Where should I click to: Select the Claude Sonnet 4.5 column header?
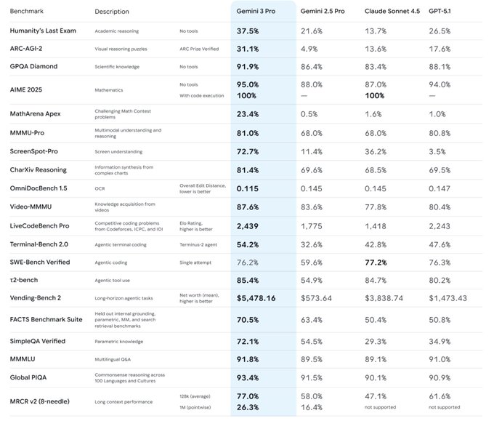click(x=394, y=12)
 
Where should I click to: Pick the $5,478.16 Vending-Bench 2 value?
click(x=256, y=298)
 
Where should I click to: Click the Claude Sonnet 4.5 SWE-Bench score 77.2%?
click(x=375, y=262)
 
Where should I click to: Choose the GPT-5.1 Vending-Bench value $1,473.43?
click(x=448, y=298)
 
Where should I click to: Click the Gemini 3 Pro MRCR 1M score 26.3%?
click(x=248, y=406)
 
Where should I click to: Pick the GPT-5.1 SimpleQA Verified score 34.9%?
click(x=440, y=340)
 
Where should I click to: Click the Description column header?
click(x=112, y=12)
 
